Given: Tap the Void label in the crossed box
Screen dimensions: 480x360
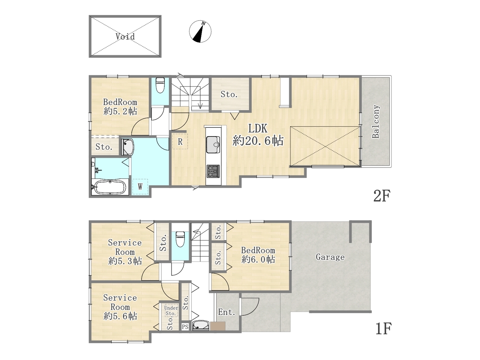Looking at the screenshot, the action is [x=125, y=36].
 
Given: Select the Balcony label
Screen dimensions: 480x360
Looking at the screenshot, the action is [x=376, y=121].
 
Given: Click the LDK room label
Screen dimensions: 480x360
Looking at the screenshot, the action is [x=258, y=129].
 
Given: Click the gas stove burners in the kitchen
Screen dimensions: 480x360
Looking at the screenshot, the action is [x=213, y=171].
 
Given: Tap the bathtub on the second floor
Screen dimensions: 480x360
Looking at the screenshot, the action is [x=109, y=187].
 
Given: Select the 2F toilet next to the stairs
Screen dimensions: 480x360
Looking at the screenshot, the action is [x=160, y=85].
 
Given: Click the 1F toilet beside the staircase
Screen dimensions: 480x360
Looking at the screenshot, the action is [x=180, y=239].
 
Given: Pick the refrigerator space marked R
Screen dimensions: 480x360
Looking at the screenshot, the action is [x=180, y=141].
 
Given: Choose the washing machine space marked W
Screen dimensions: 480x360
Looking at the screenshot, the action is [x=140, y=187].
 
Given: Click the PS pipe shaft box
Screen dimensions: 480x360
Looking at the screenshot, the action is [x=185, y=327].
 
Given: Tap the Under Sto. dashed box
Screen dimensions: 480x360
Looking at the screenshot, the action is [x=171, y=310].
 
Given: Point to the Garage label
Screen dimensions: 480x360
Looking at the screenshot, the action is [x=330, y=257].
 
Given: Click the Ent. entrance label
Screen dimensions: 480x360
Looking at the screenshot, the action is [x=226, y=312].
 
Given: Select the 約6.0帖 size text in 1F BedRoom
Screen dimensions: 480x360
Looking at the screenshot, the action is [x=258, y=259].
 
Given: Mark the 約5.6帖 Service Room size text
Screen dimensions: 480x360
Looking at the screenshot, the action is [x=120, y=316].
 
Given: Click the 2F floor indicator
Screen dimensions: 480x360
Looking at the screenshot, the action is [x=382, y=195].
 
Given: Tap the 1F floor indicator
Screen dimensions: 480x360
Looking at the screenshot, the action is [x=383, y=328].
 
